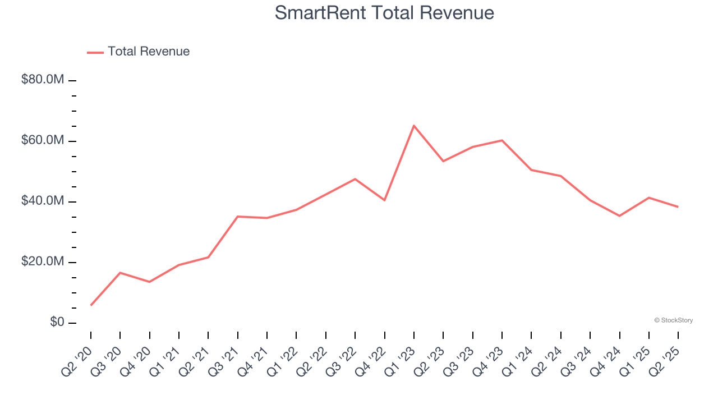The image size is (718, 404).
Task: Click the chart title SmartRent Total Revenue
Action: coord(384,13)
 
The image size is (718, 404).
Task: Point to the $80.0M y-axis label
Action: coord(43,80)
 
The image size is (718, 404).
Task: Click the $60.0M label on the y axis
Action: coord(43,140)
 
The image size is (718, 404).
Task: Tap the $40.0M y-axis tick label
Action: coord(43,201)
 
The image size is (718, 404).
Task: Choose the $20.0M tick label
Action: coord(43,261)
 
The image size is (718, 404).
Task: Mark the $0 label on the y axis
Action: coord(57,322)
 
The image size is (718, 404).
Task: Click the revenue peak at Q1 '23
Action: coord(414,126)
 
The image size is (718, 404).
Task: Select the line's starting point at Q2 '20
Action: coord(91,305)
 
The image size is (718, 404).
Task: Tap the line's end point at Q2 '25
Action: coord(678,207)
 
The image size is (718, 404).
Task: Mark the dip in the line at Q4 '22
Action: coord(385,200)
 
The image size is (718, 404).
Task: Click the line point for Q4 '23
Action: coord(502,140)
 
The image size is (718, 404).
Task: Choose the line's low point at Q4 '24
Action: coord(619,215)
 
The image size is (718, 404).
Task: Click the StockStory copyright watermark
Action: coord(673,320)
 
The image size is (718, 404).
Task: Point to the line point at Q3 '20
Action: coord(120,273)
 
